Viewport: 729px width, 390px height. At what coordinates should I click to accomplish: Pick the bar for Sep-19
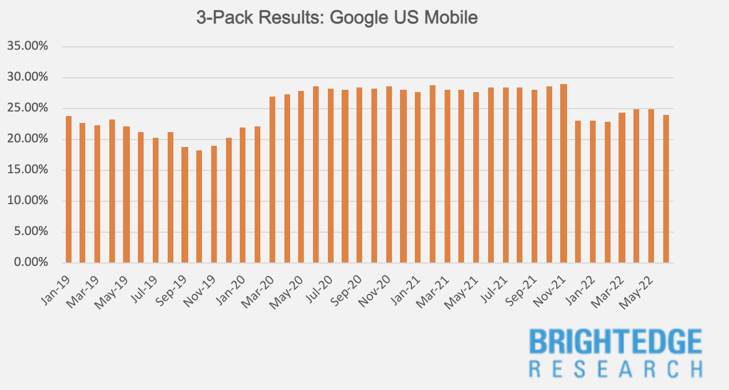pyautogui.click(x=185, y=205)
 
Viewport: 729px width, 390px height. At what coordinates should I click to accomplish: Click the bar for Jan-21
pyautogui.click(x=418, y=178)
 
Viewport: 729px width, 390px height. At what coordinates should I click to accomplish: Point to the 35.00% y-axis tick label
pyautogui.click(x=28, y=46)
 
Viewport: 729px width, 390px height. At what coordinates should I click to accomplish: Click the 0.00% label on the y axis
pyautogui.click(x=30, y=262)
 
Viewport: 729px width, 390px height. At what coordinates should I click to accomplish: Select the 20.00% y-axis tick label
pyautogui.click(x=28, y=139)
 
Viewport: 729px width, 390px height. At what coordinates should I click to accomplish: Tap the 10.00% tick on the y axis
pyautogui.click(x=28, y=201)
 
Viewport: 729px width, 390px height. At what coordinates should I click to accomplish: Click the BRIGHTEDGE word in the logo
pyautogui.click(x=615, y=342)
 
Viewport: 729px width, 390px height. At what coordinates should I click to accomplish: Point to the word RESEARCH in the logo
pyautogui.click(x=615, y=369)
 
